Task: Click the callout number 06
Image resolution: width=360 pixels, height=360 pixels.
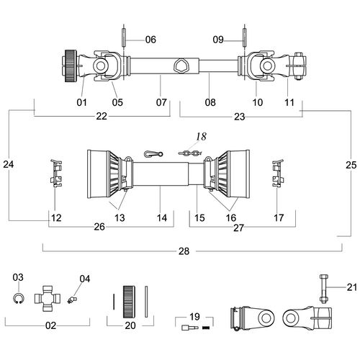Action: pos(150,40)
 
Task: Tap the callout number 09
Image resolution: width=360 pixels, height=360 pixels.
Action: pos(218,40)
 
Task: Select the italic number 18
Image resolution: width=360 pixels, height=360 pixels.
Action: pos(201,137)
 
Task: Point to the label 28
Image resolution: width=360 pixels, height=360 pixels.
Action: pos(184,251)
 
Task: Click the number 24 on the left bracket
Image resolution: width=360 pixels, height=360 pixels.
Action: pos(9,165)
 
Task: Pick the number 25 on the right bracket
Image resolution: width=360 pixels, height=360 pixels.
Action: pos(351,165)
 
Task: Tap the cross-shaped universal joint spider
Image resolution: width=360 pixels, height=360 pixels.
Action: pos(48,299)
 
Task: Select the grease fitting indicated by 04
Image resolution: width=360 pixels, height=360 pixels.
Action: pos(71,300)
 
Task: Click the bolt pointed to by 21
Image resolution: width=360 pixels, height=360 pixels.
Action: pos(323,289)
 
